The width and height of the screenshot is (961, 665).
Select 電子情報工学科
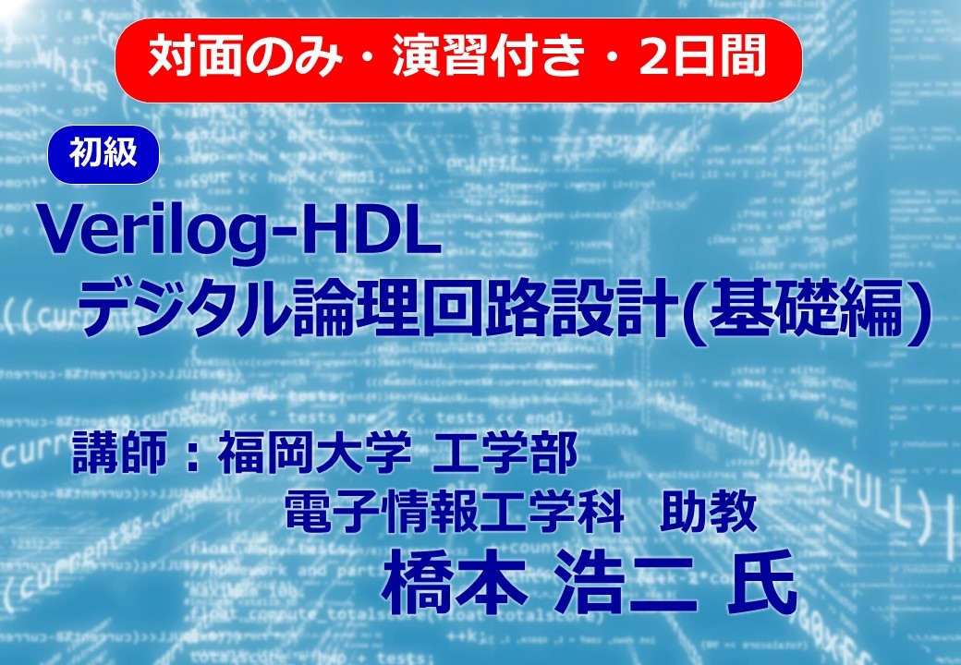[x=454, y=512]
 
